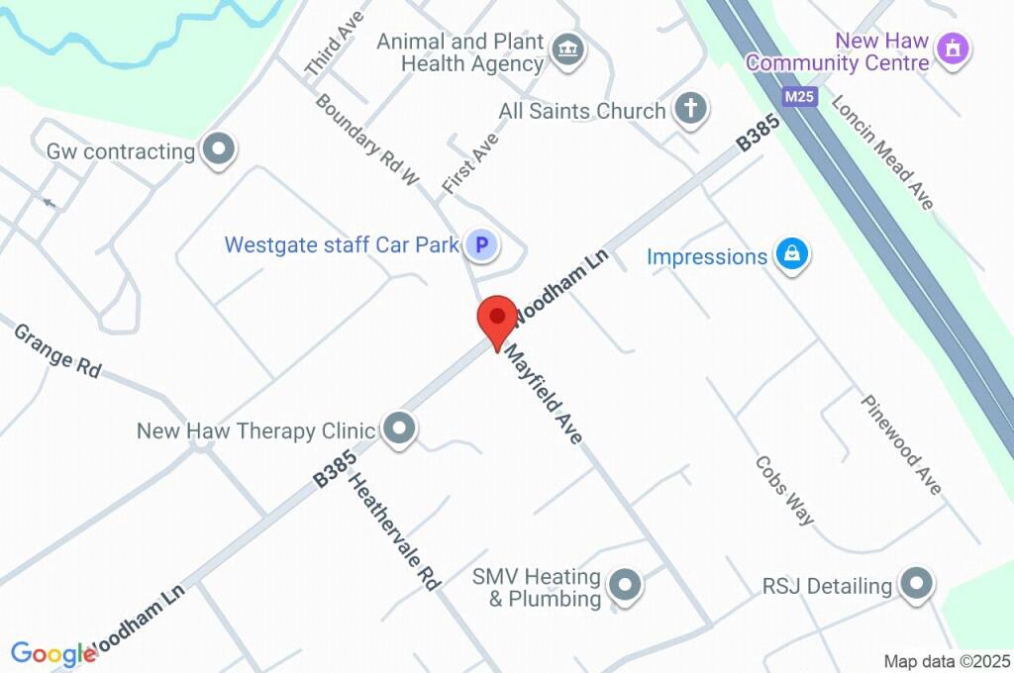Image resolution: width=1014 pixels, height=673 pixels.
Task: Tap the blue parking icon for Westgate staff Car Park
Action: [481, 244]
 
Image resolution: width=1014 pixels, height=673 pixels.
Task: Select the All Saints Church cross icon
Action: [691, 110]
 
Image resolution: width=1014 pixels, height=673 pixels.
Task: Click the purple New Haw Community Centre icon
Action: [953, 47]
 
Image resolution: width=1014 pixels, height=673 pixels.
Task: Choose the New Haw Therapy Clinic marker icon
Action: [399, 431]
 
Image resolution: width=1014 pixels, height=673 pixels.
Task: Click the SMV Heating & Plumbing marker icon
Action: [624, 587]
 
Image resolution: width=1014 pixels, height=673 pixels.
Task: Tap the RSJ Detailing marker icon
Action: [916, 585]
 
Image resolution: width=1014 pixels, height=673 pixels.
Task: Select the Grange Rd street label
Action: [57, 349]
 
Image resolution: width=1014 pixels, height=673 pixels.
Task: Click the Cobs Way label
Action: [784, 490]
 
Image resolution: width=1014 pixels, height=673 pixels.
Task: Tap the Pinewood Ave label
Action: [901, 445]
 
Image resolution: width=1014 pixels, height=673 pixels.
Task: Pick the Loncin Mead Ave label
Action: [882, 152]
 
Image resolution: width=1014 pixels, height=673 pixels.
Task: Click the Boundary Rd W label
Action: [367, 142]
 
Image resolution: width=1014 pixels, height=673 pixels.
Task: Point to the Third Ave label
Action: [336, 45]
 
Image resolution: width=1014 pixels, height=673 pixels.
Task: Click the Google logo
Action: [52, 654]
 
